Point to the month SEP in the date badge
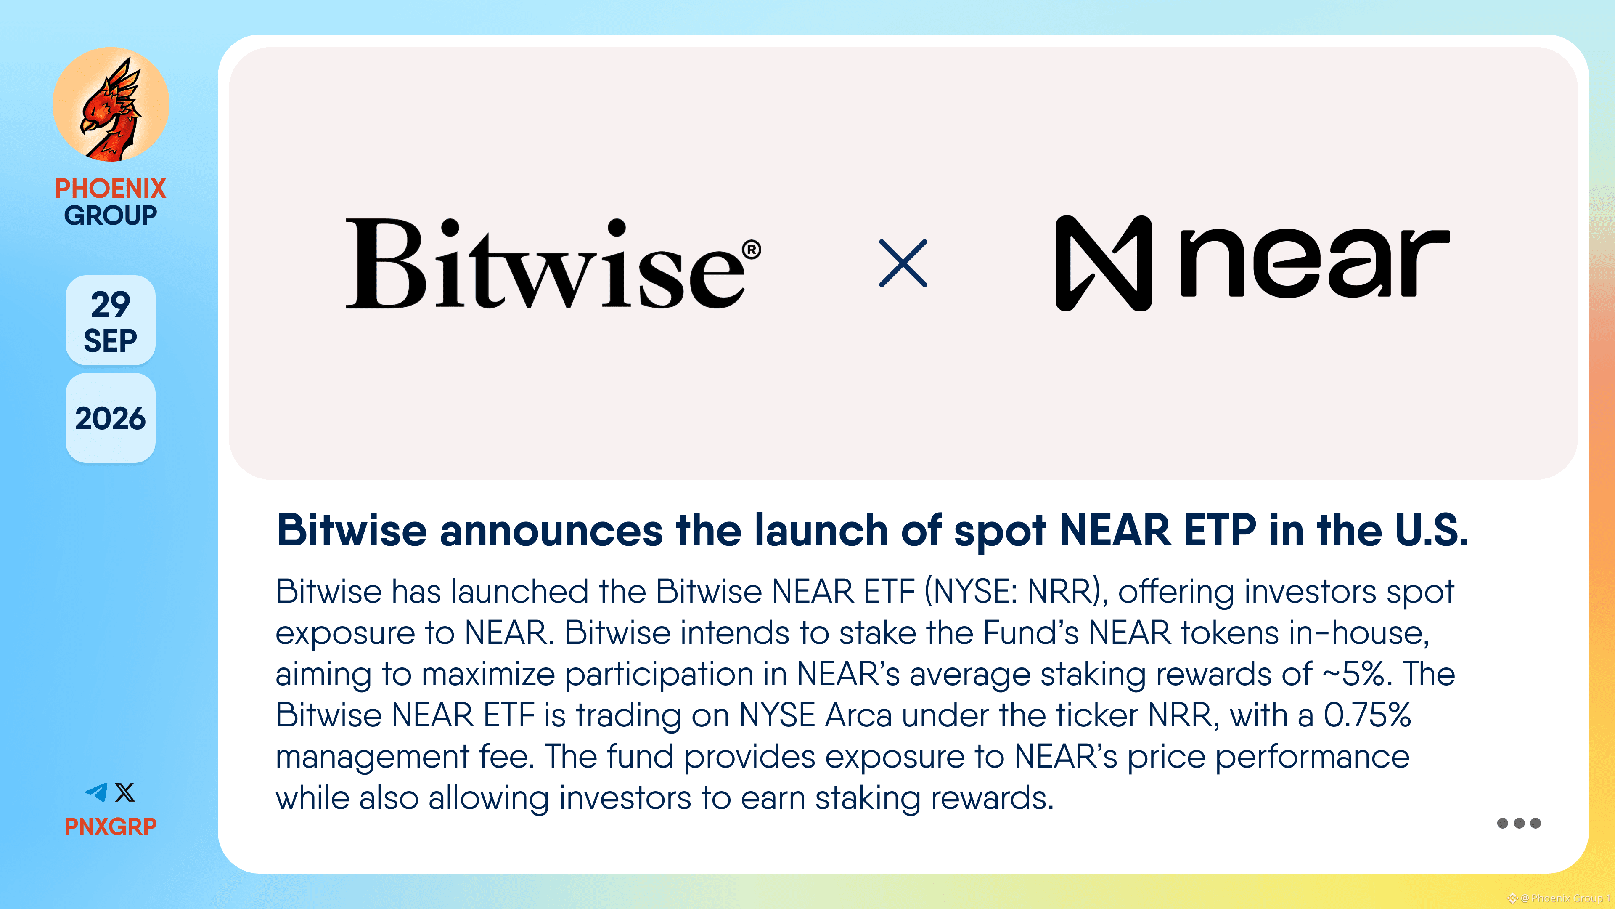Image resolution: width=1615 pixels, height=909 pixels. click(x=110, y=340)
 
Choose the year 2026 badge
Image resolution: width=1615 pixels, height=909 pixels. click(x=110, y=418)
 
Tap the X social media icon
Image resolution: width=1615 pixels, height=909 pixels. click(x=125, y=792)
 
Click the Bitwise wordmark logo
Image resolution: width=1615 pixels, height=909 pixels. click(x=545, y=263)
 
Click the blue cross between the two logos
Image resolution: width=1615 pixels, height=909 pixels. click(x=903, y=263)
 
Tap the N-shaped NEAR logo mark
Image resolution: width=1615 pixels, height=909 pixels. click(x=1104, y=263)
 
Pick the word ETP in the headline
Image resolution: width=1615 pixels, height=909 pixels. click(x=1220, y=531)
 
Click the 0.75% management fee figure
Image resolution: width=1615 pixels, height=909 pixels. click(x=1367, y=715)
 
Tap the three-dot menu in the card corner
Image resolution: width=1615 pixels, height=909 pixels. click(x=1518, y=823)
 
